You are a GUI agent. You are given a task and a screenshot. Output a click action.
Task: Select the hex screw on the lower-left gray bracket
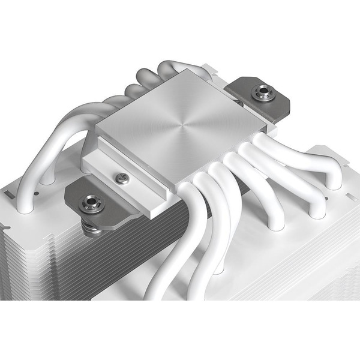(x=92, y=203)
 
